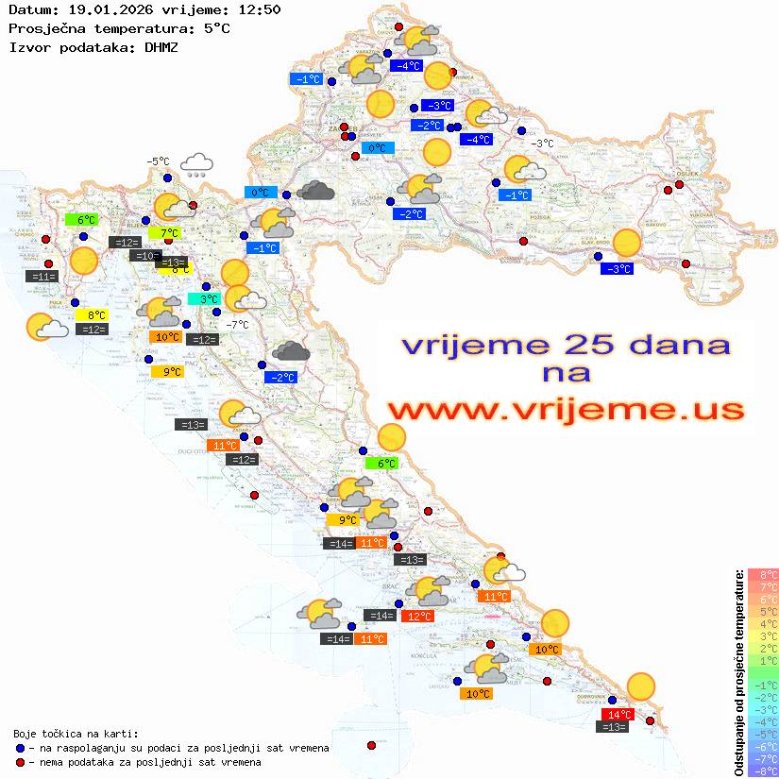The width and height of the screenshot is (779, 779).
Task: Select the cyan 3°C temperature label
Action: click(202, 299)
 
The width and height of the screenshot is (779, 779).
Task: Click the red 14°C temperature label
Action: click(618, 714)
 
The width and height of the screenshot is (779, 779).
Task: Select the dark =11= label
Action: click(43, 277)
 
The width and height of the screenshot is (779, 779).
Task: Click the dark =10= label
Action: click(145, 256)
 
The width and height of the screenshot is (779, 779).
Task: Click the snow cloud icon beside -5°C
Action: click(196, 165)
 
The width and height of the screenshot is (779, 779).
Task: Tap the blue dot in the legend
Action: click(20, 748)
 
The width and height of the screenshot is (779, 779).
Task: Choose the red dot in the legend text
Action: click(20, 762)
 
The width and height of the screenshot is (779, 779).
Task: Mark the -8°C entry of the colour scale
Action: click(762, 771)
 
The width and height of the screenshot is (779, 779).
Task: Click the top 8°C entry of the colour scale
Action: click(762, 574)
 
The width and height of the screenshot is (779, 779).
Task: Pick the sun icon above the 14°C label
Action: click(641, 686)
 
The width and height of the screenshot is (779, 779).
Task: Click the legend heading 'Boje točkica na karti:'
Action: click(76, 734)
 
